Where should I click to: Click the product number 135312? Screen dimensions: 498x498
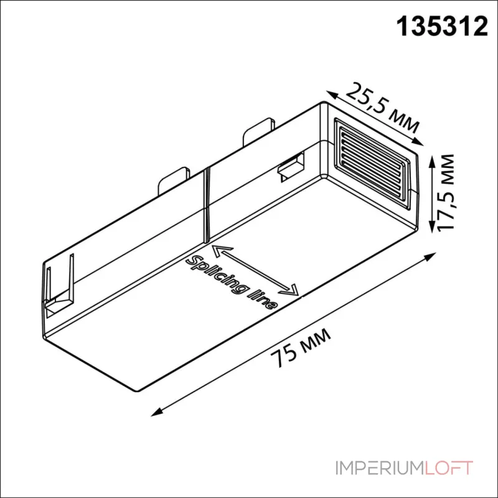coord(443,27)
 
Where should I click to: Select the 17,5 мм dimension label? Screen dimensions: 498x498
coord(446,192)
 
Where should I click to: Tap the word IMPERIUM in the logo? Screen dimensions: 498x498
coord(380,468)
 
